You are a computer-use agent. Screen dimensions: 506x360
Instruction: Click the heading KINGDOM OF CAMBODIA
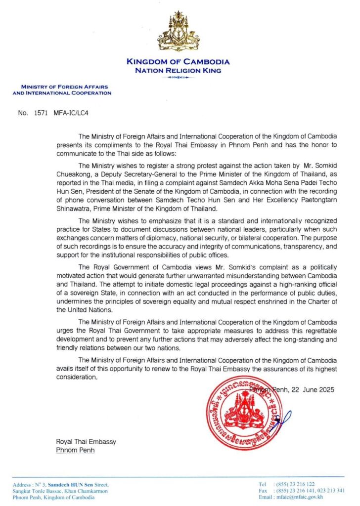pyautogui.click(x=178, y=62)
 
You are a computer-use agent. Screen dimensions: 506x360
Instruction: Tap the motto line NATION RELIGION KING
pyautogui.click(x=178, y=71)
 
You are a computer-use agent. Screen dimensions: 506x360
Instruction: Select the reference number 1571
pyautogui.click(x=40, y=113)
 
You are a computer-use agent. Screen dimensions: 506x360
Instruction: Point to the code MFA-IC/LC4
pyautogui.click(x=71, y=113)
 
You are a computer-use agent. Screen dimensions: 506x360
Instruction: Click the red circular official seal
pyautogui.click(x=242, y=413)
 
